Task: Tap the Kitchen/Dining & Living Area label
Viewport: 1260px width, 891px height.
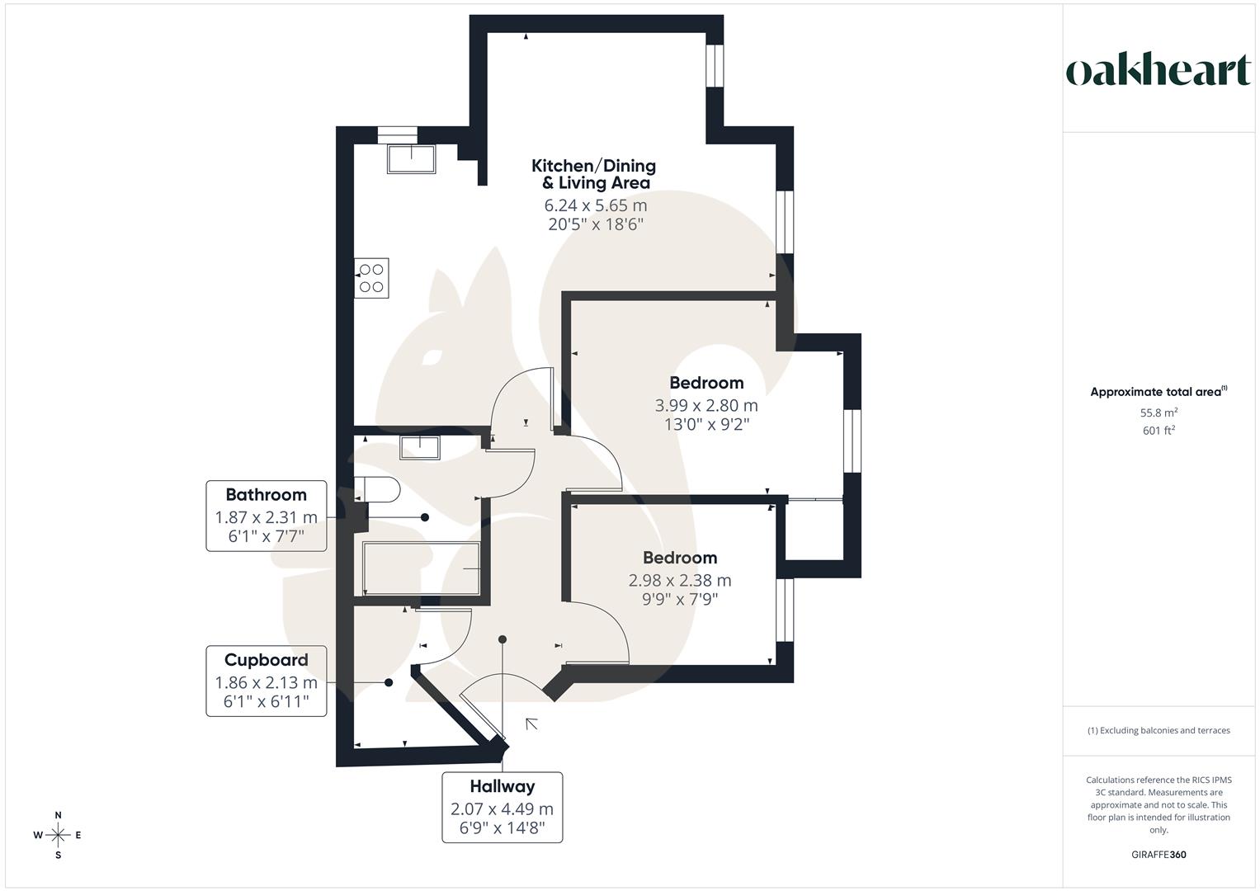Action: pos(594,174)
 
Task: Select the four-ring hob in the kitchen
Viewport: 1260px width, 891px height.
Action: pos(371,278)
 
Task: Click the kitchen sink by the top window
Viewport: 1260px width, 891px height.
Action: pos(411,158)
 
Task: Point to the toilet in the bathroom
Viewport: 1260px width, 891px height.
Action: pos(378,490)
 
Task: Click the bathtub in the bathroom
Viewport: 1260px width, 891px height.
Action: pos(421,568)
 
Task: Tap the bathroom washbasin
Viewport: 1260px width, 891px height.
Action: pos(420,447)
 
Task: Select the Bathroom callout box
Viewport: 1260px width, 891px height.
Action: pos(266,516)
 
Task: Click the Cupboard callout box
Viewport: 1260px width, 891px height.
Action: pos(266,681)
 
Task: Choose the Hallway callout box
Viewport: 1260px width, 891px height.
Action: pos(502,807)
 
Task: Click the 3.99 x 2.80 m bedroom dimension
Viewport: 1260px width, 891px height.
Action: pos(706,405)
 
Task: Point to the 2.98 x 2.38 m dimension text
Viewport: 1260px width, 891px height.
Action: pos(680,580)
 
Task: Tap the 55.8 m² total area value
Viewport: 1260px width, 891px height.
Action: pos(1159,412)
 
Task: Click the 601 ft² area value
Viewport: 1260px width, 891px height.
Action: pos(1159,430)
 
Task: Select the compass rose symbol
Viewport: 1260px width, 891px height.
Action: pos(58,835)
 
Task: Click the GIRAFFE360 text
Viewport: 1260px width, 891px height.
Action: pos(1159,855)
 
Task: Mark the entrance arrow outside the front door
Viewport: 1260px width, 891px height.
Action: pos(532,724)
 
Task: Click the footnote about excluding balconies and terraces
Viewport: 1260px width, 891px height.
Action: pos(1159,730)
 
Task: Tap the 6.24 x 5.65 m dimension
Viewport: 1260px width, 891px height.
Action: pos(595,205)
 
